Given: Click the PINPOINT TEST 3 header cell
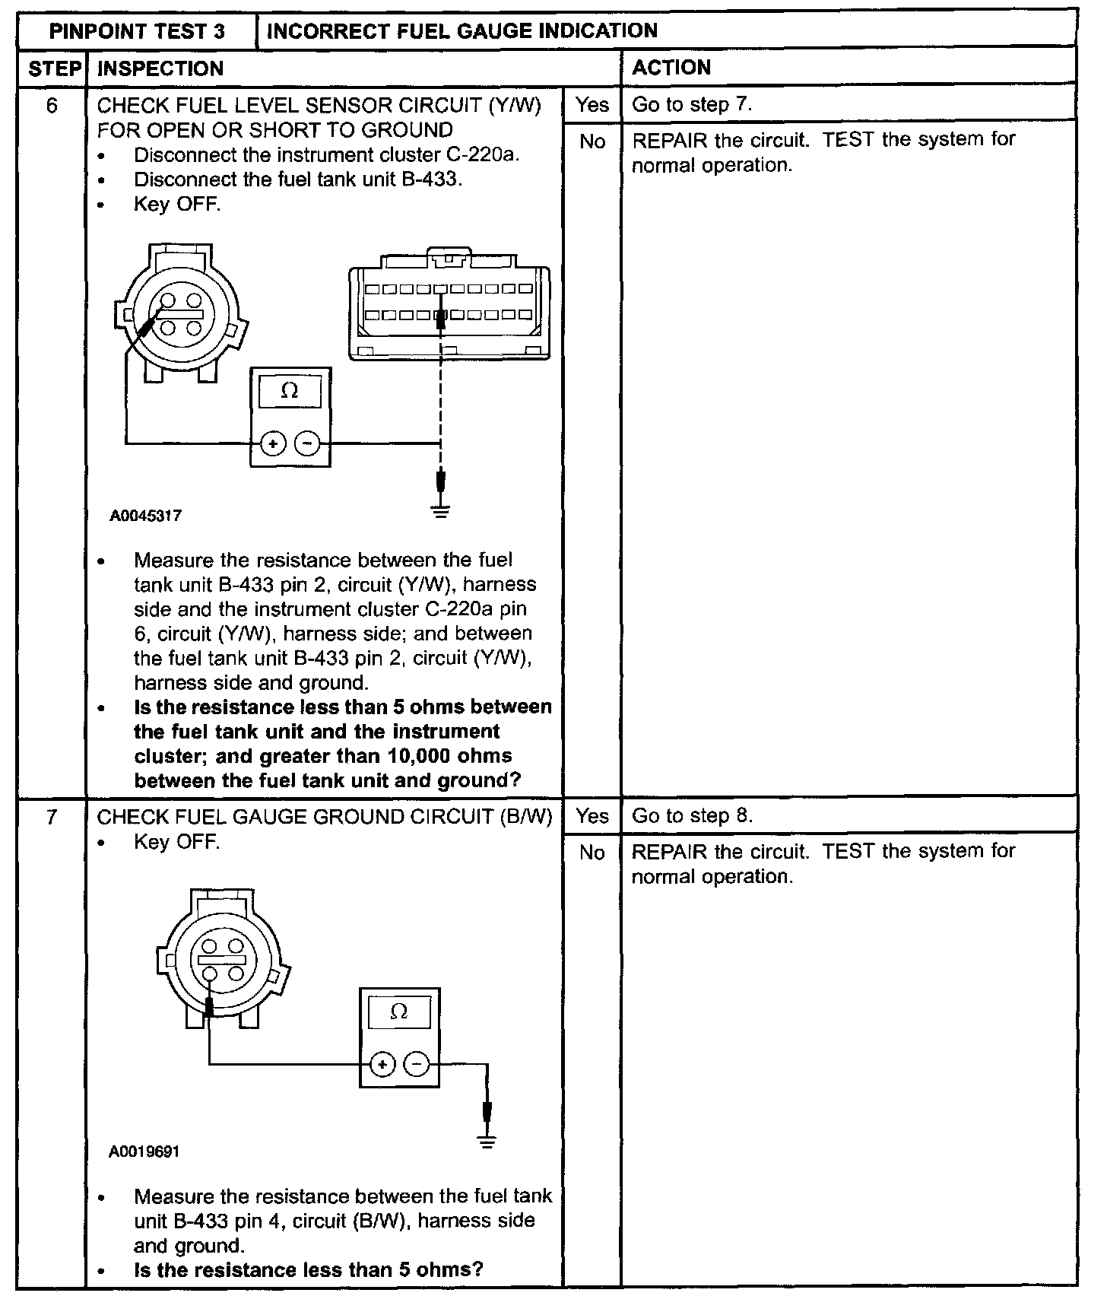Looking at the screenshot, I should (x=137, y=31).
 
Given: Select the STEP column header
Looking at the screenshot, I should (x=53, y=68).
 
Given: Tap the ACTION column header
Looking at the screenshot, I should (x=671, y=68).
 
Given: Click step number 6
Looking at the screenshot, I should (x=52, y=105).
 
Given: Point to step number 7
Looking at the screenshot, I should (x=52, y=817).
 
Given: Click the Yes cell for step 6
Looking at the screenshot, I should (x=592, y=104).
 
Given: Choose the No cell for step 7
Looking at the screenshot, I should (x=592, y=853).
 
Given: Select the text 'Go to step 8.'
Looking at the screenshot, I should (x=692, y=816).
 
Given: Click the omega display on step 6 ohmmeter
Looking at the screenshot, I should (x=290, y=391).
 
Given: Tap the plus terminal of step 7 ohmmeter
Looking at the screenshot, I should (x=382, y=1064).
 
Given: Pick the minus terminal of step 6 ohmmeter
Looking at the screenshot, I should (x=307, y=443).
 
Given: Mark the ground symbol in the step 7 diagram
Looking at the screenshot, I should (x=487, y=1141).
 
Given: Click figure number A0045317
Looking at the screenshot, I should (x=145, y=516).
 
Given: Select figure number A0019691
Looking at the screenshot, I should (x=144, y=1151).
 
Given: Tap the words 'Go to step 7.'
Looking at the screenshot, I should (x=692, y=104).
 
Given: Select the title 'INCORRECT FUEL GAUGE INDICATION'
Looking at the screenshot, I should (x=462, y=31).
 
